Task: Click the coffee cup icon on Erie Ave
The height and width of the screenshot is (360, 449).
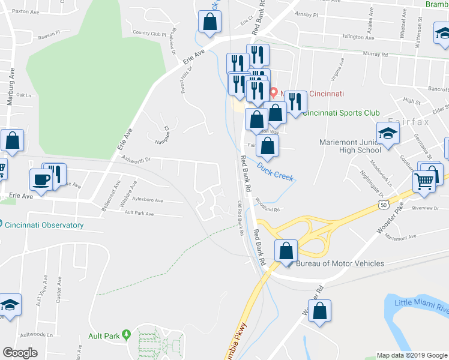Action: pyautogui.click(x=41, y=180)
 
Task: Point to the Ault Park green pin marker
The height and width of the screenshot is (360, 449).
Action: pyautogui.click(x=125, y=334)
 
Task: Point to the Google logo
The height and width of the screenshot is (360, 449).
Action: pyautogui.click(x=20, y=352)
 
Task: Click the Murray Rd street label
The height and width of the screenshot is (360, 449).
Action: pyautogui.click(x=376, y=54)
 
